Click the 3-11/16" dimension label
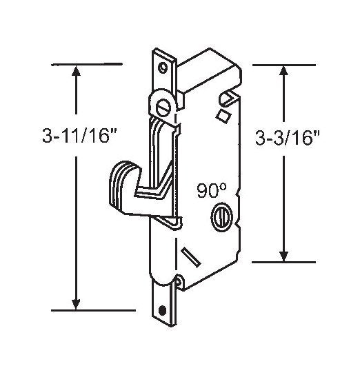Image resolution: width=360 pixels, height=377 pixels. coord(79,135)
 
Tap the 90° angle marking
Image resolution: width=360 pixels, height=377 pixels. coord(212,190)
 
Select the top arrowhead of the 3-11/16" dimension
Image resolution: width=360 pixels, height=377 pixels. coord(76,71)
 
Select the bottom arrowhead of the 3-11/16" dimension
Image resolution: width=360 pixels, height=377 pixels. coord(76,304)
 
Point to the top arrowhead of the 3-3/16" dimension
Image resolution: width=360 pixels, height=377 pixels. coord(283,71)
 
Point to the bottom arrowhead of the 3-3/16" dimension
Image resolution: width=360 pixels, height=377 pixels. coord(283,256)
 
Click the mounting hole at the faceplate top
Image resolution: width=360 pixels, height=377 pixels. coord(163,68)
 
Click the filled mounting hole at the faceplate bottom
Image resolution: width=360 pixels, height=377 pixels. coord(163,309)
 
